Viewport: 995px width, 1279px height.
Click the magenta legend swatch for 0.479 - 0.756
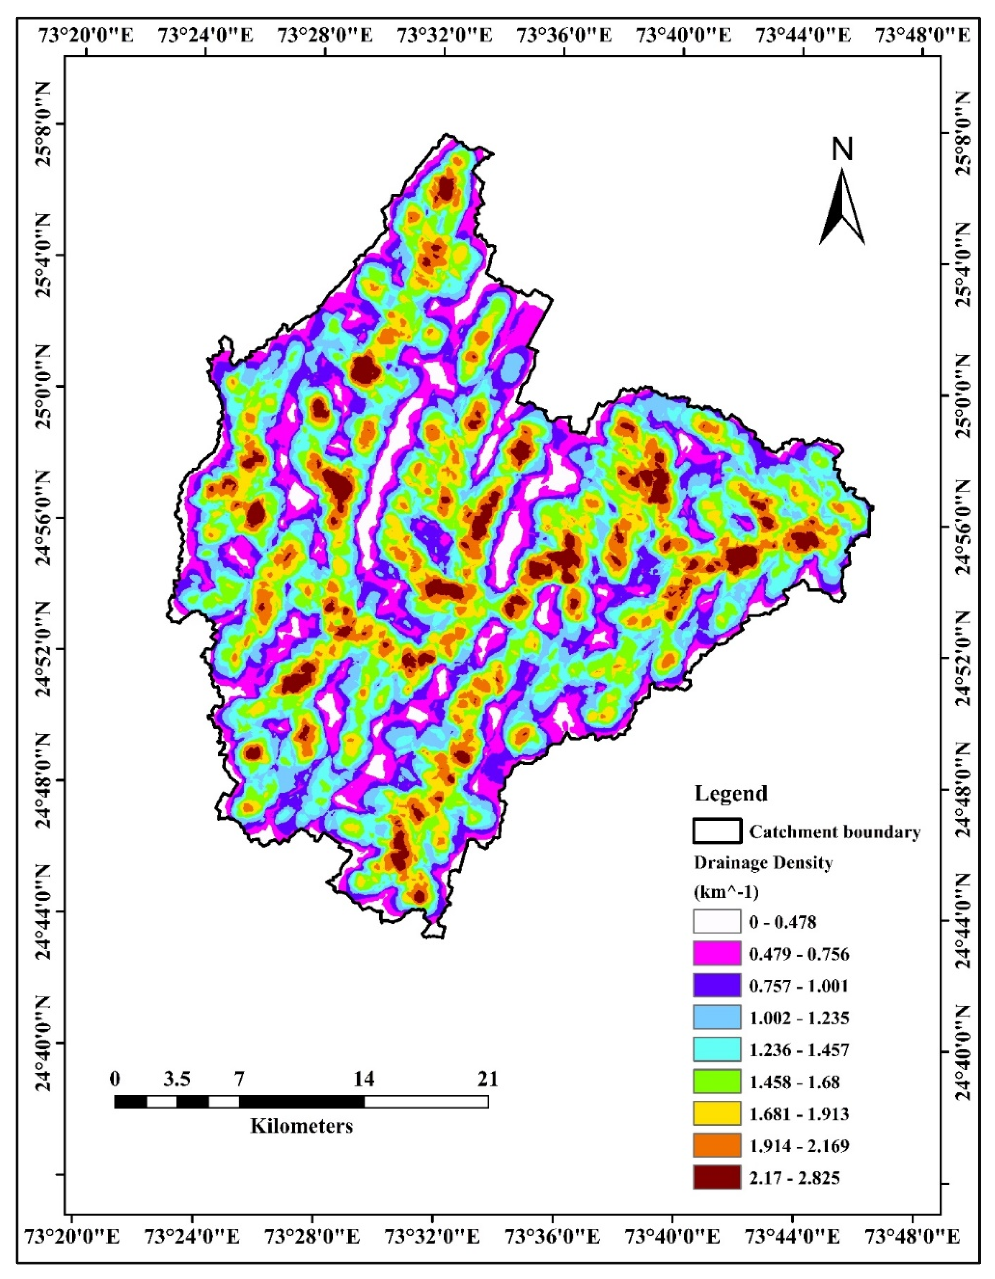(717, 955)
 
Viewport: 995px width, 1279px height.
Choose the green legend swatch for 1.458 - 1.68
(717, 1082)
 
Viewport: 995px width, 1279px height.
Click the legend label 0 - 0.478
(782, 923)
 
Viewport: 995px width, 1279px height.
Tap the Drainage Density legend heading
(763, 863)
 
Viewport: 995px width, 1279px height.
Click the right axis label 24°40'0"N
(964, 1054)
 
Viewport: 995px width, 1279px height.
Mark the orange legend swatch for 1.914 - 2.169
(717, 1146)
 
